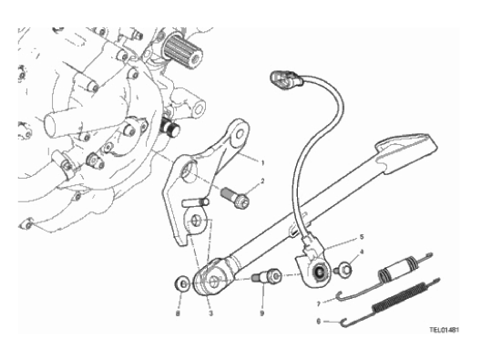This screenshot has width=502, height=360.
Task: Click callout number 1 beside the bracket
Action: click(x=262, y=163)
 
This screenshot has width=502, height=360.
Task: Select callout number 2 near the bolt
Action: click(x=262, y=181)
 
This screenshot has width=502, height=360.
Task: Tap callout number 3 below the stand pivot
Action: click(x=210, y=314)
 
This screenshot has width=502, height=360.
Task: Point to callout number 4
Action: click(x=362, y=252)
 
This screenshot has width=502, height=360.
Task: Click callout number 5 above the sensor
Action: click(x=362, y=237)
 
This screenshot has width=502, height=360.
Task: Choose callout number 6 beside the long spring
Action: click(x=318, y=321)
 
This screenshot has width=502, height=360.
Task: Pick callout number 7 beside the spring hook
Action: click(x=318, y=303)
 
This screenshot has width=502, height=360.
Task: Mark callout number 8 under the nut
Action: click(x=178, y=314)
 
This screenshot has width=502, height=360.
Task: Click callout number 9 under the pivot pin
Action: click(x=261, y=314)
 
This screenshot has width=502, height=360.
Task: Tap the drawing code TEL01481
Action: click(x=444, y=330)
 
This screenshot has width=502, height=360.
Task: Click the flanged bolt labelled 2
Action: click(x=235, y=197)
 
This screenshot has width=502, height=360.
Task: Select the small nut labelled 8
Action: click(x=182, y=284)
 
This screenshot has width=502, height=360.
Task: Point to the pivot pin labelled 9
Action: click(x=267, y=276)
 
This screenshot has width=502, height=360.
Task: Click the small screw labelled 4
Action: click(x=343, y=270)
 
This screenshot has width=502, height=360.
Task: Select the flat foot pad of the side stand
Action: click(x=406, y=149)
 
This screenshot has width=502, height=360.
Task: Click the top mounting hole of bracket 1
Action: click(x=240, y=134)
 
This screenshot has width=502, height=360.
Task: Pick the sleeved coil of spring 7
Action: click(x=398, y=266)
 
